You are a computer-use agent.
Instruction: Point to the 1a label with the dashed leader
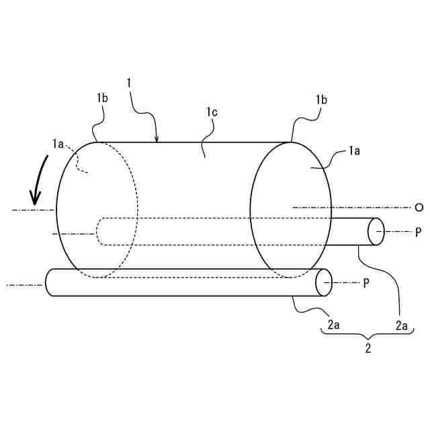click(58, 142)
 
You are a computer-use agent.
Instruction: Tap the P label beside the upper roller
click(418, 232)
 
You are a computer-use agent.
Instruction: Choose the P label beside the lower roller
click(366, 283)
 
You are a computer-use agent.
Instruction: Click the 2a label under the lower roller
click(333, 325)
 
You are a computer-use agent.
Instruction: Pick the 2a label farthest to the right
click(401, 325)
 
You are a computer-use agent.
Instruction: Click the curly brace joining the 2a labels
click(367, 335)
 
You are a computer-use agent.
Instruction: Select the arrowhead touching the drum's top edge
click(157, 139)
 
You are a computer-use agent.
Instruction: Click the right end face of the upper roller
click(376, 232)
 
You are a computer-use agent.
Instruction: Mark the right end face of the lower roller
click(324, 283)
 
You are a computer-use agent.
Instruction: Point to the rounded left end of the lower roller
click(49, 283)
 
